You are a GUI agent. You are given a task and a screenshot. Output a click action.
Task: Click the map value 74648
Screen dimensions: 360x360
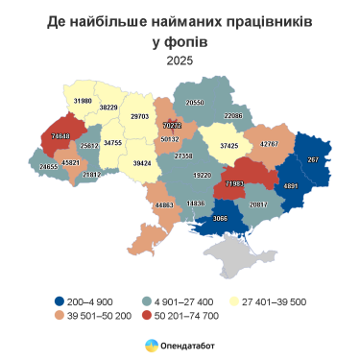point(60,136)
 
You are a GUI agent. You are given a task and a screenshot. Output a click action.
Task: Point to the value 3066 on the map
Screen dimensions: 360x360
point(220,220)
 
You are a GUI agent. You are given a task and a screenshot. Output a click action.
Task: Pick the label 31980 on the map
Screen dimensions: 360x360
point(84,101)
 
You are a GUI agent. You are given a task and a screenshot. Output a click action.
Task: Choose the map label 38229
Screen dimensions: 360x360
point(115,108)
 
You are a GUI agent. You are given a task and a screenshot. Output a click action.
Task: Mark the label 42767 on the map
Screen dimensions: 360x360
point(269,144)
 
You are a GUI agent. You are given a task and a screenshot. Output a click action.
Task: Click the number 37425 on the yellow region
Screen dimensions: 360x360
point(228,146)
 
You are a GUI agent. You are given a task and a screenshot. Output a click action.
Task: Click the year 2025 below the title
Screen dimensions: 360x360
point(180,60)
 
